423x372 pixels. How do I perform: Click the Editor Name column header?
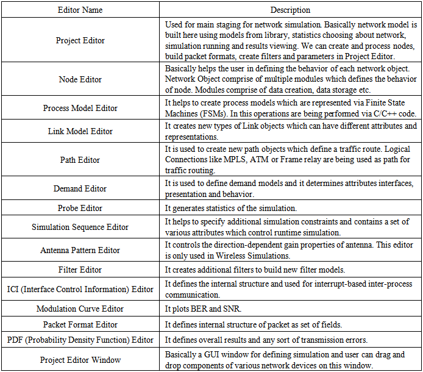point(80,10)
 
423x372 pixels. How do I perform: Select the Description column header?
point(290,10)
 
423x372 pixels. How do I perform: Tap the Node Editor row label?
point(80,79)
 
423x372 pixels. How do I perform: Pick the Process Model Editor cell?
point(80,108)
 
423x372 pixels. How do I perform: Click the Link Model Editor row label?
point(80,131)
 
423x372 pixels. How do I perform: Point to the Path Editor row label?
point(80,160)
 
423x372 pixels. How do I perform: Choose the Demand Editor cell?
point(80,189)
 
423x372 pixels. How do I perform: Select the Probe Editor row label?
point(80,208)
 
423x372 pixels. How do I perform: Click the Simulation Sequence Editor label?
point(80,227)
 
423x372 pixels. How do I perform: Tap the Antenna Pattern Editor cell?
point(80,250)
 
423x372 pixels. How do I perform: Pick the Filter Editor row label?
point(80,270)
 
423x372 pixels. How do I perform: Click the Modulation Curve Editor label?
point(80,309)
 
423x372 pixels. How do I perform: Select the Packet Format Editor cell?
point(80,324)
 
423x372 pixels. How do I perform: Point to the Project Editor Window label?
point(80,360)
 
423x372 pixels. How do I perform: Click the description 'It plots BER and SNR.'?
point(203,309)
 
